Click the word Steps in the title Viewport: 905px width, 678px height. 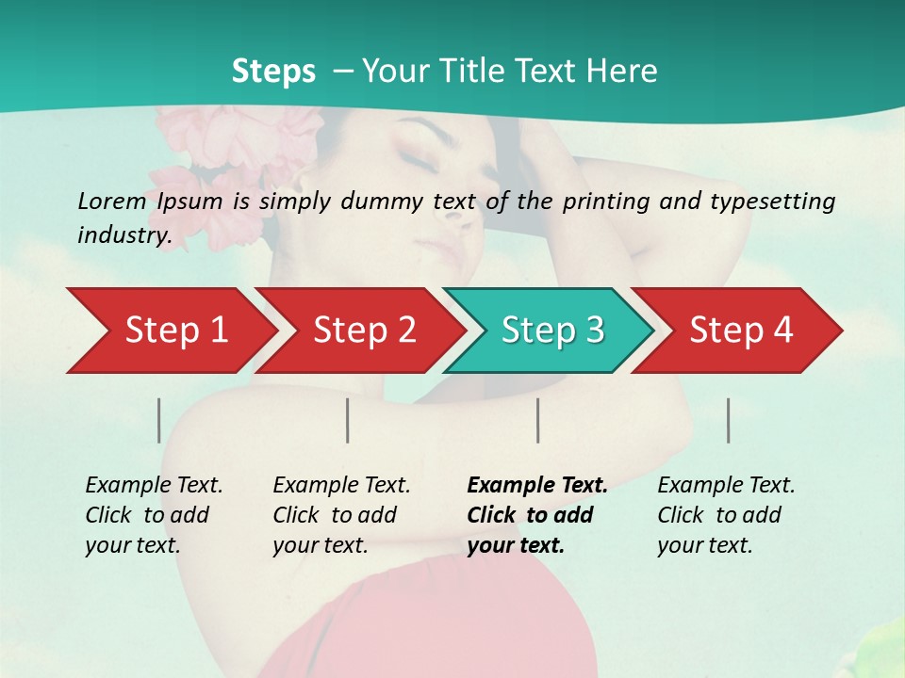(x=273, y=72)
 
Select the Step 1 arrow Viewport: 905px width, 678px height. (x=170, y=331)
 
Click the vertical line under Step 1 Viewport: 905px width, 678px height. (x=159, y=420)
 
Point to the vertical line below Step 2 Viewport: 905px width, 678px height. (x=348, y=420)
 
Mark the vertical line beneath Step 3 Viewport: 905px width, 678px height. (x=538, y=420)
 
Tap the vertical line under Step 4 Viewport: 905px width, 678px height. (x=729, y=420)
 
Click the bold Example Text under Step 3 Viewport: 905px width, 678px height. (x=537, y=515)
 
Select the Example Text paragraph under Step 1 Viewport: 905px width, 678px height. (x=154, y=515)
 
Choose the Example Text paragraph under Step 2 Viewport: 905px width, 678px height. (x=341, y=515)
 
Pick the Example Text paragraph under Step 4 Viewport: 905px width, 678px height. (x=726, y=515)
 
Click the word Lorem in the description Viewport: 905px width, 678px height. (x=111, y=201)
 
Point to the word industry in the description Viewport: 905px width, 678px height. (x=123, y=234)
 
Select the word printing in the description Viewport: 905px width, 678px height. (x=603, y=202)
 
